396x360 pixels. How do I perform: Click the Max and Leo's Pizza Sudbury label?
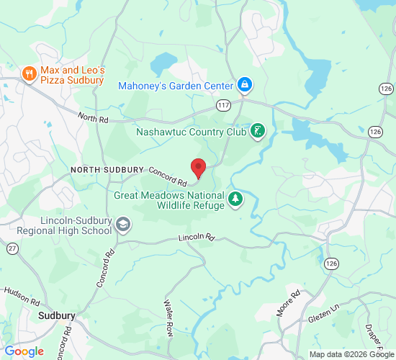pos(73,76)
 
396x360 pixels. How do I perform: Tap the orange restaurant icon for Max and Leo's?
pos(30,73)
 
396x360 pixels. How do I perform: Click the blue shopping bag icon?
pos(245,85)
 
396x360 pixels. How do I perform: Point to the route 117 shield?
pos(225,105)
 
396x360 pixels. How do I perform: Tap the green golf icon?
pos(257,132)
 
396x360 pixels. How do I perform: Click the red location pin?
pos(199,168)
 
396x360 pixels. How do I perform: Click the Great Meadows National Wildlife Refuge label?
pos(169,199)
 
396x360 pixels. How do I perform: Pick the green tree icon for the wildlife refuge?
pos(235,199)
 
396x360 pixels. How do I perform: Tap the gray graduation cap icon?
pos(123,225)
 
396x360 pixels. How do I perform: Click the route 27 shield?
pos(12,248)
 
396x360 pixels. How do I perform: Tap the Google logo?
pos(23,351)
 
